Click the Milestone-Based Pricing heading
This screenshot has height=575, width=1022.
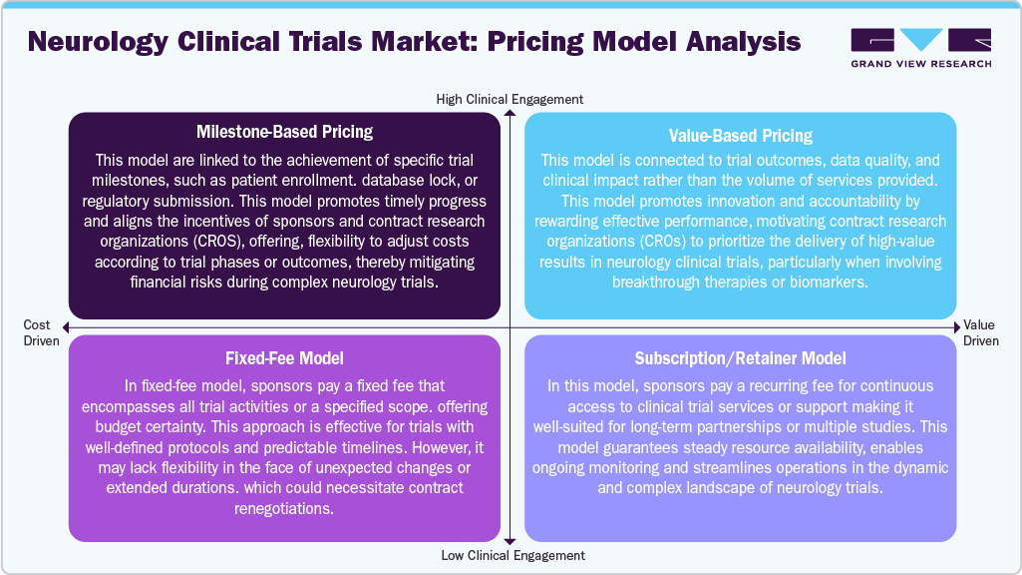tap(284, 133)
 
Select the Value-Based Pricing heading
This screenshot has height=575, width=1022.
tap(739, 136)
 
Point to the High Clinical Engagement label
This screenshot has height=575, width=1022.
tap(510, 100)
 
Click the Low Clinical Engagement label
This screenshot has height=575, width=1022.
tap(512, 555)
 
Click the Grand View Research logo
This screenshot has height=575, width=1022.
tap(920, 48)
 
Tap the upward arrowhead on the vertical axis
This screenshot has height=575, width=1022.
tap(510, 115)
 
